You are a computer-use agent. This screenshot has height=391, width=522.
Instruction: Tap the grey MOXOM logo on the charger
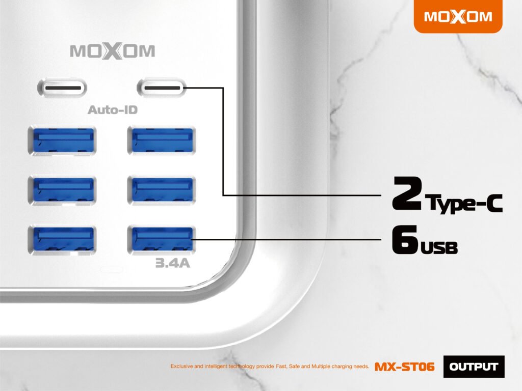point(113,51)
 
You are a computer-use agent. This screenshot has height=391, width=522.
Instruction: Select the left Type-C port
point(62,88)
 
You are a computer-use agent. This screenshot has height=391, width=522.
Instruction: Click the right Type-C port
point(162,88)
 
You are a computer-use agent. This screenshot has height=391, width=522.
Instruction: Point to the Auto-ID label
point(113,110)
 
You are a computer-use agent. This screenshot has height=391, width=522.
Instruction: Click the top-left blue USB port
point(62,140)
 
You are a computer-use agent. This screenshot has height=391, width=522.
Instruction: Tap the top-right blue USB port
point(162,140)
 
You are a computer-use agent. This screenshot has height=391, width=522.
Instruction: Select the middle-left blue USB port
point(62,190)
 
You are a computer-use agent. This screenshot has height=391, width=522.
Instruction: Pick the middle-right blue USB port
point(162,190)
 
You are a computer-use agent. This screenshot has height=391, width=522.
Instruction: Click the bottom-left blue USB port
point(62,240)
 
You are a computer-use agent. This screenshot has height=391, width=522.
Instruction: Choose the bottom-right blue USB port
point(162,240)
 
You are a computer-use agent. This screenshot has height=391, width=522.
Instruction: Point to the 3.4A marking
point(173,263)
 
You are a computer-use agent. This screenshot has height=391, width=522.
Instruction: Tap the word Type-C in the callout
point(465,203)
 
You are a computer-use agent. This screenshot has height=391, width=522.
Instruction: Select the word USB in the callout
point(439,247)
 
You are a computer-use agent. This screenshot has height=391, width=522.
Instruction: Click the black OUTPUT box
point(474,367)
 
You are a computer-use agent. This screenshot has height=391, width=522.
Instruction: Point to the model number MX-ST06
point(404,367)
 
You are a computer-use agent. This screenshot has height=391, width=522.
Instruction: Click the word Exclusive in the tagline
point(182,367)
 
